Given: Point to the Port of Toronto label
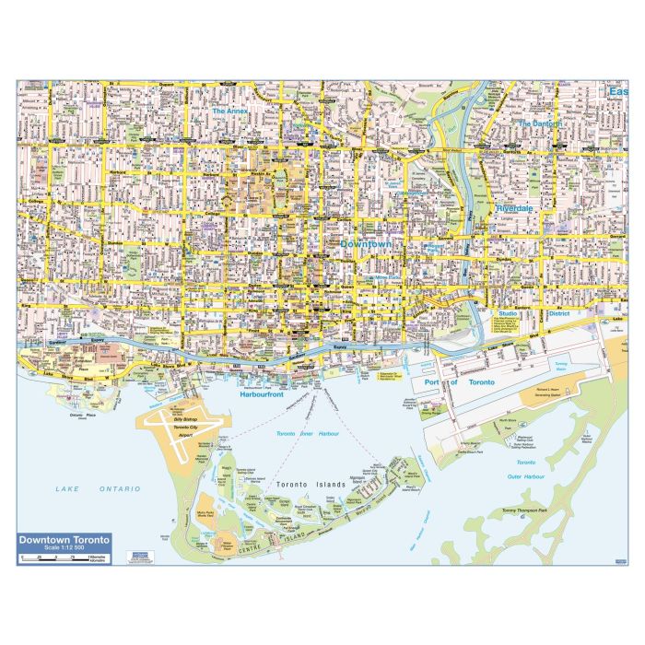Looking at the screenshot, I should (461, 381).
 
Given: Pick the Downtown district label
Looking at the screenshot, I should (366, 243).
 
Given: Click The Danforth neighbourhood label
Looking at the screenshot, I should (539, 123).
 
